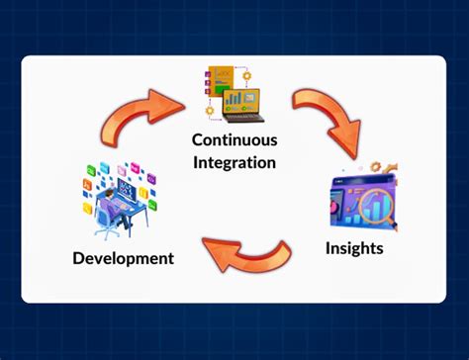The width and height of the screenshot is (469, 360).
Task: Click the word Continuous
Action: (234, 139)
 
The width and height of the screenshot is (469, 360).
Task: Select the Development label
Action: (123, 258)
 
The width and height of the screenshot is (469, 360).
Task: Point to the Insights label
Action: (353, 247)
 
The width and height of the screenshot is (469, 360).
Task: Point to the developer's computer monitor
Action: (128, 190)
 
